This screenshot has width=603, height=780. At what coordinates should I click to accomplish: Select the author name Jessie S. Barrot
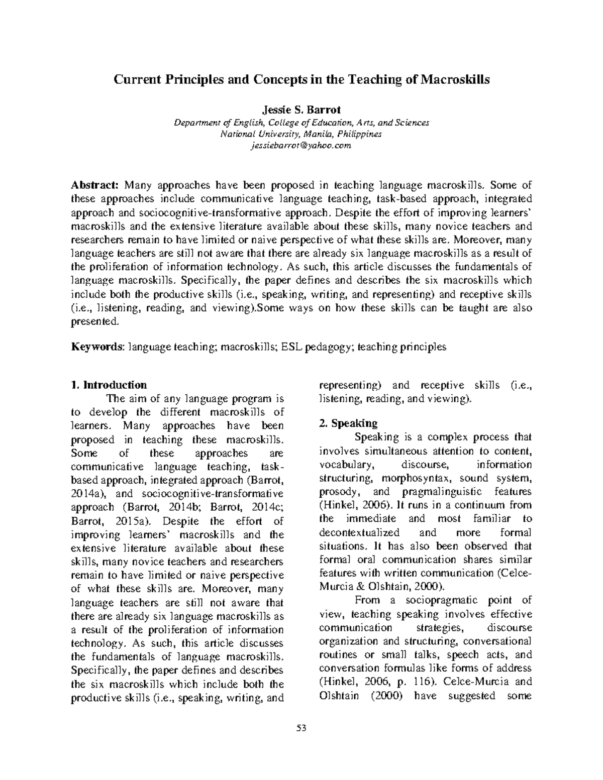click(x=301, y=110)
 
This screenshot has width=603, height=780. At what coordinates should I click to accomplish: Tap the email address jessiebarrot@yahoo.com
click(x=301, y=146)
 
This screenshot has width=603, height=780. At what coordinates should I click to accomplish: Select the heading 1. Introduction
click(x=109, y=385)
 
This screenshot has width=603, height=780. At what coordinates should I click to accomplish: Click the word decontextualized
click(x=359, y=532)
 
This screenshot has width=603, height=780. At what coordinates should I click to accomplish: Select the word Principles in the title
click(x=175, y=80)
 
